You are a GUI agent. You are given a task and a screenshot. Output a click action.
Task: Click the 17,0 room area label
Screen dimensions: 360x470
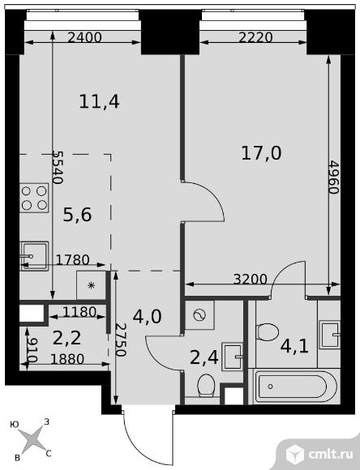pos(261,153)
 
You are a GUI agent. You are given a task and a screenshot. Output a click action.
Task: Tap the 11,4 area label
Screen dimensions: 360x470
pos(99,101)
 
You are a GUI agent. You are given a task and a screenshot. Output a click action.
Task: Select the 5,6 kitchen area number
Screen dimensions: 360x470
pos(77,215)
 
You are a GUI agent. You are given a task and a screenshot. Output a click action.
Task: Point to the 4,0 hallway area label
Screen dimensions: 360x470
pos(148,317)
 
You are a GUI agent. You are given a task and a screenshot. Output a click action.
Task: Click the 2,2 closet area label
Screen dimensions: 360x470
pos(66,339)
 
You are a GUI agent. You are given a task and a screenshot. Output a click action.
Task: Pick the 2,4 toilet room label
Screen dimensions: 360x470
pos(204,357)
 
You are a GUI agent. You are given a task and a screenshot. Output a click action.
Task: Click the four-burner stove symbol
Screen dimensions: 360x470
pos(34,198)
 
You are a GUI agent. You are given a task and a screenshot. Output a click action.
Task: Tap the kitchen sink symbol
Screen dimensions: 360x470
pos(34,256)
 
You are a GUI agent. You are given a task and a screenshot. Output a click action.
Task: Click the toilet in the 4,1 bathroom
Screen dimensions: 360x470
pos(268,331)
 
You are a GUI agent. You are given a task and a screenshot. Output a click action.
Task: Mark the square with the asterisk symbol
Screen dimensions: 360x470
pos(91,285)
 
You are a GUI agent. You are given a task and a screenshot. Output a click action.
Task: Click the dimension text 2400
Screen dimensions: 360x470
pos(85,37)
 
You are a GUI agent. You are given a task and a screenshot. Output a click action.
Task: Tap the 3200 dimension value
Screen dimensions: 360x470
pos(251,280)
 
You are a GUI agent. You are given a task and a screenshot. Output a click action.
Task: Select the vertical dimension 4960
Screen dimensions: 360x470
pos(333,177)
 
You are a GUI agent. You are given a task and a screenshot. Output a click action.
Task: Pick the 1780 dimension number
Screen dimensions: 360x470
pos(73,260)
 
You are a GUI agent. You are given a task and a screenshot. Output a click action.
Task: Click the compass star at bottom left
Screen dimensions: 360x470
pos(33,440)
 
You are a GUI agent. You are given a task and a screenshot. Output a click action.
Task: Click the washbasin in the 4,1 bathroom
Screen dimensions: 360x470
pos(329,335)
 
